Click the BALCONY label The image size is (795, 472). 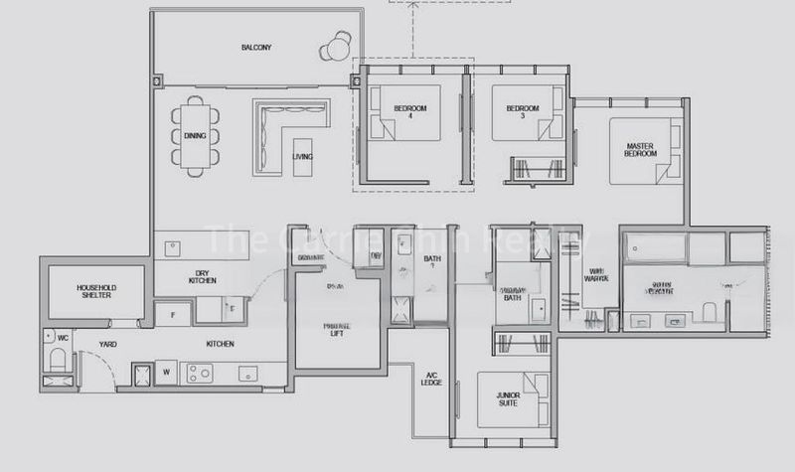pos(255,48)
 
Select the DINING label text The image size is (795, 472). pos(195,136)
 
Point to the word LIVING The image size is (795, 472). pos(302,157)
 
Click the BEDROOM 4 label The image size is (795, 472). pos(409,111)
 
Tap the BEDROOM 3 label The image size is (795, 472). pos(522,111)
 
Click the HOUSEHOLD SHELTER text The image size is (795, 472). pos(95,291)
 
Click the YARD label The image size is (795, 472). pos(108,344)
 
